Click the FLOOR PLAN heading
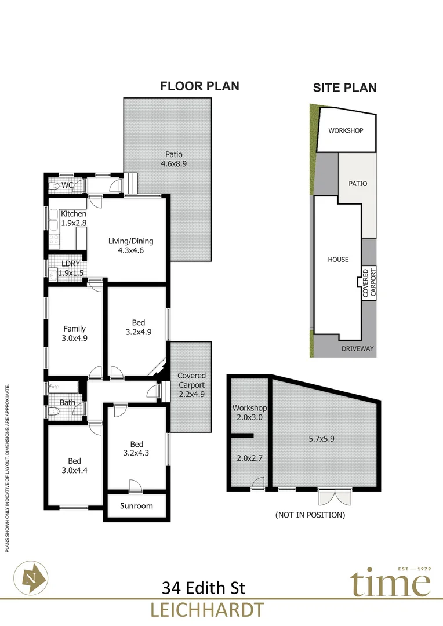199,86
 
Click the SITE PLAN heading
345,88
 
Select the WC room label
67,185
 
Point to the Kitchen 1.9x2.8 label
73,219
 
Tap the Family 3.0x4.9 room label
75,333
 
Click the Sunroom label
137,506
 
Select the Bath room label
67,402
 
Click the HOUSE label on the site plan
338,259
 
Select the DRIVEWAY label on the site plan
357,349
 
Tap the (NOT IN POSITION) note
310,515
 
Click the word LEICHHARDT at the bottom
207,610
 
